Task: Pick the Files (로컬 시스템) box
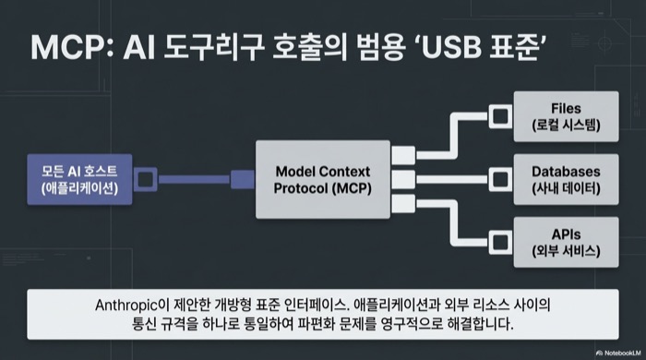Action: tap(565, 117)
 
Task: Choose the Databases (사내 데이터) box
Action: tap(565, 179)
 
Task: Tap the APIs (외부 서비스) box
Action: tap(565, 239)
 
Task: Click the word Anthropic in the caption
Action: tap(132, 304)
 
